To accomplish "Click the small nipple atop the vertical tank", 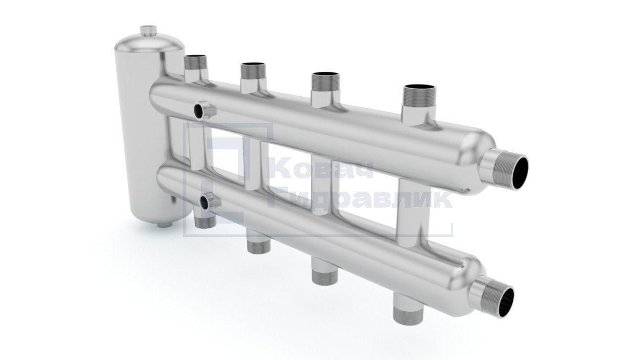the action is point(149,31).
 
